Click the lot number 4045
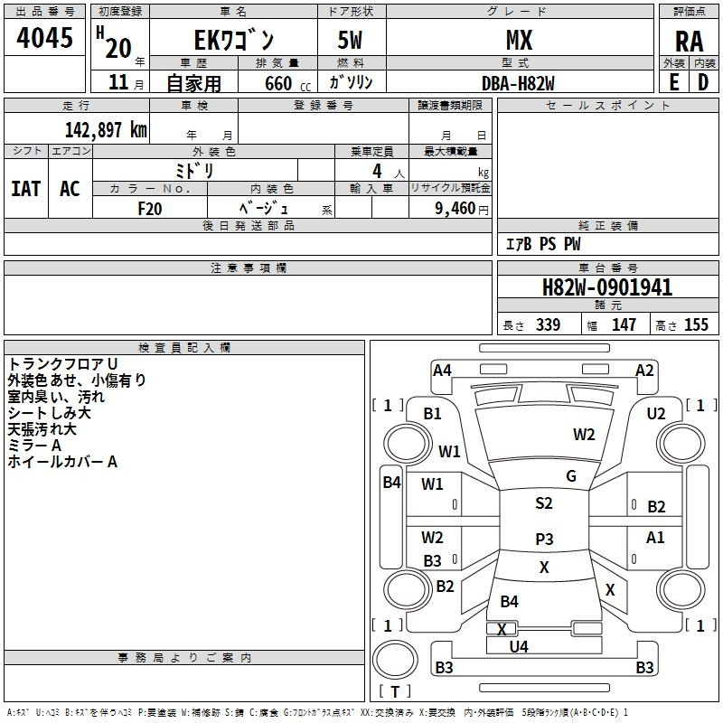45,39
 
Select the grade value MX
519,40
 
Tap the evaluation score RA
689,41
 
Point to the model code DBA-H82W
518,83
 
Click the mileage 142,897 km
106,129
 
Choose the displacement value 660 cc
278,83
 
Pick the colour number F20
150,208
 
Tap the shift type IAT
26,189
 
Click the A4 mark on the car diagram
442,370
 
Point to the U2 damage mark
656,413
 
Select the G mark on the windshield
571,476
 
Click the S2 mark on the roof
543,503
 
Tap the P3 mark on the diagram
543,539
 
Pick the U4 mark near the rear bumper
519,646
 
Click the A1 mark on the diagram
656,538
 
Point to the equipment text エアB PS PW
543,244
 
